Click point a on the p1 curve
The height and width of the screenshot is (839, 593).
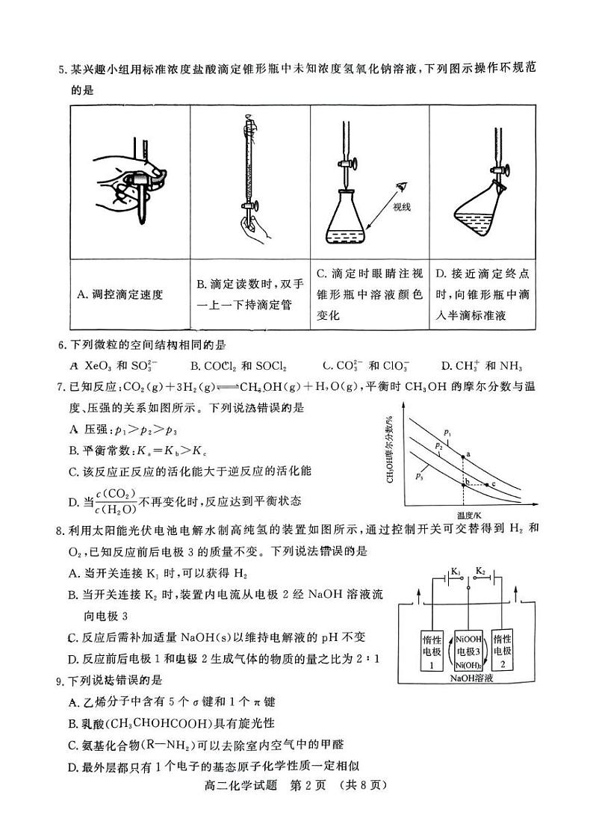tap(462, 454)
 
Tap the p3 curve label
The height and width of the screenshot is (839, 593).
tap(420, 475)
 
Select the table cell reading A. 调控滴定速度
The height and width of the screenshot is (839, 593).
tap(130, 294)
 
